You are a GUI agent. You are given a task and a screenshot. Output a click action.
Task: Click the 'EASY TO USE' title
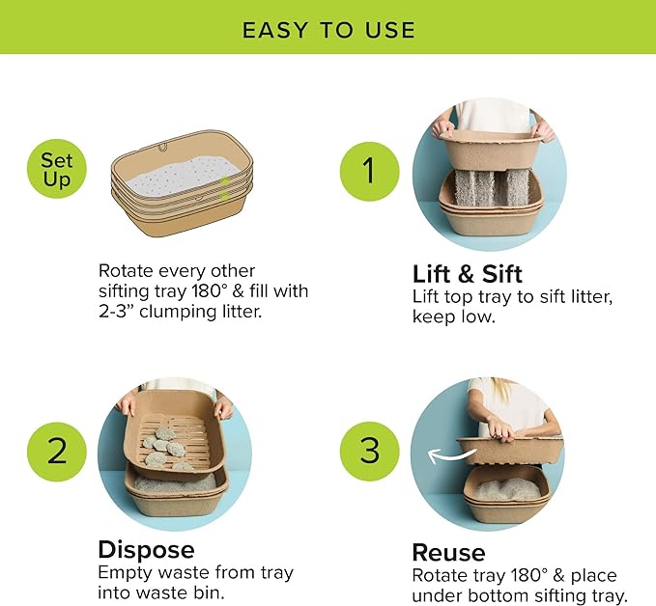click(328, 29)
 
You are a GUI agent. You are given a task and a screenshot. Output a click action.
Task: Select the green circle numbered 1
click(368, 171)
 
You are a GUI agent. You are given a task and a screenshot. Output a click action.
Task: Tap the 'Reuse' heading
click(448, 552)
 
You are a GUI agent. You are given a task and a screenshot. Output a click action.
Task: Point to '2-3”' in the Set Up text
click(122, 311)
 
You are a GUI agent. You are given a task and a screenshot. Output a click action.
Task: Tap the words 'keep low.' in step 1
click(452, 316)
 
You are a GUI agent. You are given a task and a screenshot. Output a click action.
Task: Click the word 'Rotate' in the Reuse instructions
click(441, 577)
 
